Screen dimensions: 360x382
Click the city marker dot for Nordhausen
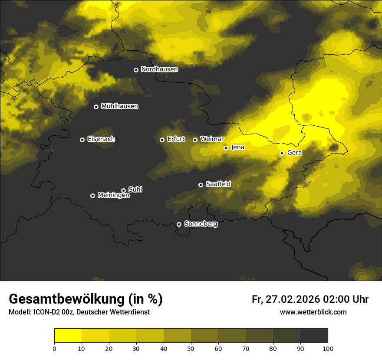136,70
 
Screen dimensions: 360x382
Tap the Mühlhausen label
119,106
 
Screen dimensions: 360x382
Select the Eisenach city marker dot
82,140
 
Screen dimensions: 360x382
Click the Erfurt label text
176,139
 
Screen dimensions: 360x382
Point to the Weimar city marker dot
195,140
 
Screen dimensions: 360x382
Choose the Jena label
237,147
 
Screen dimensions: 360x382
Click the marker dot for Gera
282,153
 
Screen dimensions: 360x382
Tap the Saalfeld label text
218,184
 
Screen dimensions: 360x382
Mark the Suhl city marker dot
123,190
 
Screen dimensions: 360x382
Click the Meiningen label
113,196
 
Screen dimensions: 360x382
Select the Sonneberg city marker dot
179,225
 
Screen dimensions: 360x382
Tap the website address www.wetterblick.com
313,312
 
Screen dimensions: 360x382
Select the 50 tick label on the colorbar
191,348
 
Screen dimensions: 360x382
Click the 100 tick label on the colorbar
328,348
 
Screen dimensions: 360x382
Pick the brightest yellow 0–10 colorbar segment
68,335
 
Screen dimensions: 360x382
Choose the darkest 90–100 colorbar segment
314,335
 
